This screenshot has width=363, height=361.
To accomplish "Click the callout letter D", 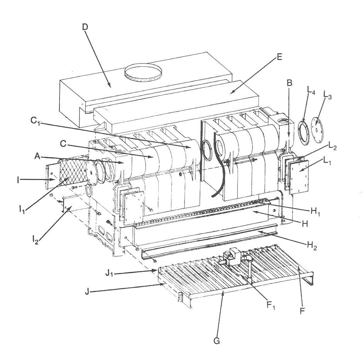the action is [85, 27].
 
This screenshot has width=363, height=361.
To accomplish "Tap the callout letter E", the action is [280, 57].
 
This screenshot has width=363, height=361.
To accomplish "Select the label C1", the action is [36, 121].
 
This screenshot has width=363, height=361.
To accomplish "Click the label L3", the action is [327, 94].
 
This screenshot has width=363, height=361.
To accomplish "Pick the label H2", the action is [312, 245].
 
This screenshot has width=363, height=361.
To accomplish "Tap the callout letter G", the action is [217, 341].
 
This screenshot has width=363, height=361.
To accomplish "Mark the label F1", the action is [270, 306].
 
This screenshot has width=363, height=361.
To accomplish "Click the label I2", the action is [35, 240].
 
